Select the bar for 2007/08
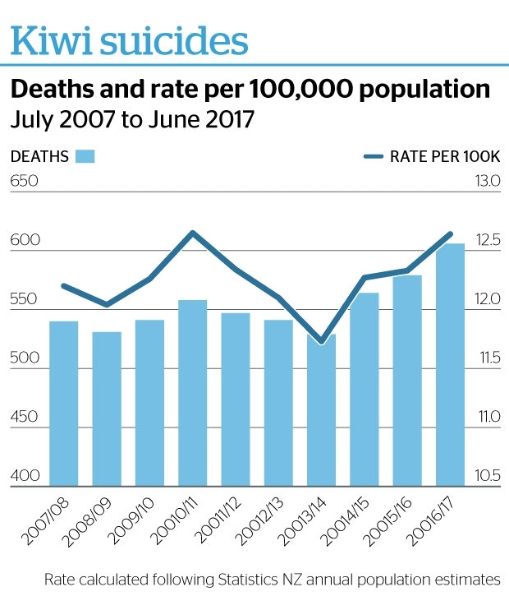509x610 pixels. pyautogui.click(x=63, y=403)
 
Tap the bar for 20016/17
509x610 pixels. pyautogui.click(x=450, y=365)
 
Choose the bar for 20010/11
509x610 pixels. pyautogui.click(x=192, y=393)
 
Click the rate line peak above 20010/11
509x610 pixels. pyautogui.click(x=192, y=233)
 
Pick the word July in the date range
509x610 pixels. pyautogui.click(x=31, y=119)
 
